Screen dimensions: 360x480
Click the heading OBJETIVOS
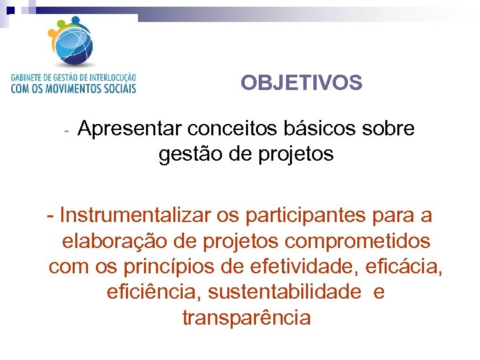pos(301,83)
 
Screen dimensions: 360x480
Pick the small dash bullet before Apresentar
pos(67,129)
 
